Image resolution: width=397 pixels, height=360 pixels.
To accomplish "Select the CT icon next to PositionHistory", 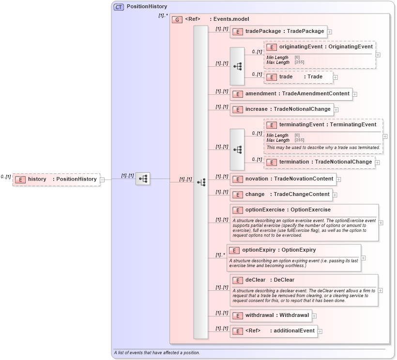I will (119, 7).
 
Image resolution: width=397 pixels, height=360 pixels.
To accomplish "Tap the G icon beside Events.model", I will (177, 19).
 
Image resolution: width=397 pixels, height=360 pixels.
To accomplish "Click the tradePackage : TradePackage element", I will (278, 31).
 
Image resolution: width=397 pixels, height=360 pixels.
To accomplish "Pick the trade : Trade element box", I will (298, 77).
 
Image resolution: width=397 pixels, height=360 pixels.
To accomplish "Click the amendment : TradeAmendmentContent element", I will (291, 94).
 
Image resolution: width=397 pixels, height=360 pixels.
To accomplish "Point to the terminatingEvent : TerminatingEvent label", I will (322, 125).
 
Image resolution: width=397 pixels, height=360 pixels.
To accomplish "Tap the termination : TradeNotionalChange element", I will (320, 162).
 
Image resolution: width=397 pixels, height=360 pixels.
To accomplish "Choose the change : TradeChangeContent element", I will (281, 195).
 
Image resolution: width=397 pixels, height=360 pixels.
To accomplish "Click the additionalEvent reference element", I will (274, 331).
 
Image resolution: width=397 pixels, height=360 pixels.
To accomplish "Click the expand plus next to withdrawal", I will (315, 316).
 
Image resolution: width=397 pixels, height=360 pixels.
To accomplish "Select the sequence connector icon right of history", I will (143, 179).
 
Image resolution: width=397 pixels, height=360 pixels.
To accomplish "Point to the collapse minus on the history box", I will (102, 180).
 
